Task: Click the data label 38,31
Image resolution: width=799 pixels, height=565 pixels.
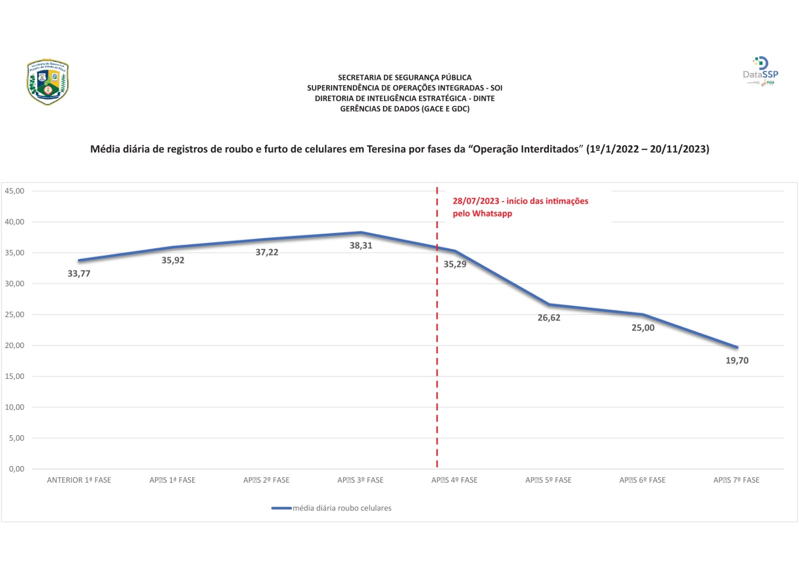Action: (361, 246)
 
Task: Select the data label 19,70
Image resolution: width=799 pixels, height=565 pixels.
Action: (737, 360)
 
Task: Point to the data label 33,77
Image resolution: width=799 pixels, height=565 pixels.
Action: (79, 274)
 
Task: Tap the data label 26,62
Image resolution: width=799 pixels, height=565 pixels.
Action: (548, 318)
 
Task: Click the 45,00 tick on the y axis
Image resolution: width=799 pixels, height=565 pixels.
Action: (14, 191)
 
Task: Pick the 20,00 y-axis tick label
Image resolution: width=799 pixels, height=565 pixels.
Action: (14, 345)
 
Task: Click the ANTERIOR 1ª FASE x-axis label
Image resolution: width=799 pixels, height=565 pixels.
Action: (79, 480)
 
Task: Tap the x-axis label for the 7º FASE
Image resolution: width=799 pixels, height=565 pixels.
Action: (736, 480)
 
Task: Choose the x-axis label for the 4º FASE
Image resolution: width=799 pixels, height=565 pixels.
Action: (454, 480)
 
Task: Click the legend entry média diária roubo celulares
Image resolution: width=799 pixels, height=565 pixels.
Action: (342, 508)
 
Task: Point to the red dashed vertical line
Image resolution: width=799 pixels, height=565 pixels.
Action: (437, 349)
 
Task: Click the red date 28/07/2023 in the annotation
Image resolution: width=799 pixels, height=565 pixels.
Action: (476, 201)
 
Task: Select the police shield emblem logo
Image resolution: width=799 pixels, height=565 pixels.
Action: (47, 82)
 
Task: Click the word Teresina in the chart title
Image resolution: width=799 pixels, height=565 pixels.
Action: (386, 149)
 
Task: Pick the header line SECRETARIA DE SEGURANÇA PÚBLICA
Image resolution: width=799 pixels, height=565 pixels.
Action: (404, 77)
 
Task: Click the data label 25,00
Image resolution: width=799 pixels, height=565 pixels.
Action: (643, 328)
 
